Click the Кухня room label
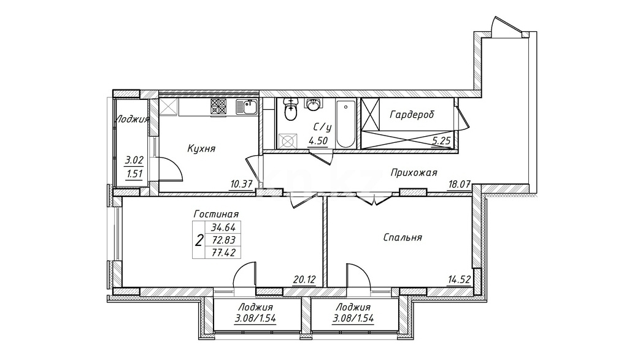[x=201, y=149]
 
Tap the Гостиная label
[x=216, y=214]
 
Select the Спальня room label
[x=403, y=237]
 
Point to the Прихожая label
[x=414, y=173]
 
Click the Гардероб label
[x=411, y=114]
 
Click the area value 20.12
[x=304, y=280]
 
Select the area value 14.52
[x=459, y=280]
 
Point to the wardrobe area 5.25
[x=441, y=141]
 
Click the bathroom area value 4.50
[x=318, y=141]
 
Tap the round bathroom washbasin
[x=314, y=104]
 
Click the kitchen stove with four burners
[x=218, y=107]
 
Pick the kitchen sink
[x=247, y=107]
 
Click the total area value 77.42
[x=223, y=253]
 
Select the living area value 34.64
[x=223, y=228]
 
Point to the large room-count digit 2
[x=199, y=241]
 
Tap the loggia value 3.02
[x=134, y=160]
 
